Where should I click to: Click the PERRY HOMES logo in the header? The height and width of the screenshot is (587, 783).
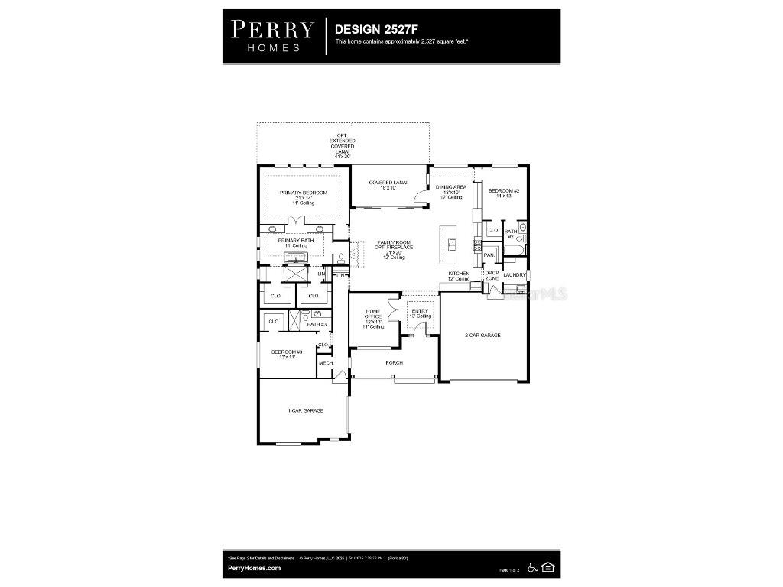pyautogui.click(x=272, y=36)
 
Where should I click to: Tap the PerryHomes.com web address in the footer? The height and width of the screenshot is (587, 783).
pyautogui.click(x=255, y=568)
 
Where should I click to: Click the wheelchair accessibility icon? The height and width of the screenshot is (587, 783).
pyautogui.click(x=532, y=568)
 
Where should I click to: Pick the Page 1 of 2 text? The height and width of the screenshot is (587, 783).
pyautogui.click(x=509, y=570)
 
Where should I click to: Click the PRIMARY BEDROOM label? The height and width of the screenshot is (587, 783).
pyautogui.click(x=303, y=193)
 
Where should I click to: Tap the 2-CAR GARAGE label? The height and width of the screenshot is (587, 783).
pyautogui.click(x=482, y=335)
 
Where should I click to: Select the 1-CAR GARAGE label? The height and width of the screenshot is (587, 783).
pyautogui.click(x=305, y=410)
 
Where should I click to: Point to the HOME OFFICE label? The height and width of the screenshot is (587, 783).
pyautogui.click(x=373, y=314)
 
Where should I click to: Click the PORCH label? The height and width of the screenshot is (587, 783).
pyautogui.click(x=394, y=362)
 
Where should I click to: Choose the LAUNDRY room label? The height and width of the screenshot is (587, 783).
pyautogui.click(x=515, y=275)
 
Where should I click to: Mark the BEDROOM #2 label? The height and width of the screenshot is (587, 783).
pyautogui.click(x=504, y=190)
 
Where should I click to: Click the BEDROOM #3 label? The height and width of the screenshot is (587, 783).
pyautogui.click(x=287, y=352)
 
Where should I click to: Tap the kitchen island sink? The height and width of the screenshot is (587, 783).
pyautogui.click(x=453, y=245)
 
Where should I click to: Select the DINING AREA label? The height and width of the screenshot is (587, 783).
pyautogui.click(x=451, y=187)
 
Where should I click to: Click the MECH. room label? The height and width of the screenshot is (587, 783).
pyautogui.click(x=326, y=362)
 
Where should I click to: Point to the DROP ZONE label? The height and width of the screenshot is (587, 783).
pyautogui.click(x=492, y=275)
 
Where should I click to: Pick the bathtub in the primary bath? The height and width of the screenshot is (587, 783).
pyautogui.click(x=294, y=256)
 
